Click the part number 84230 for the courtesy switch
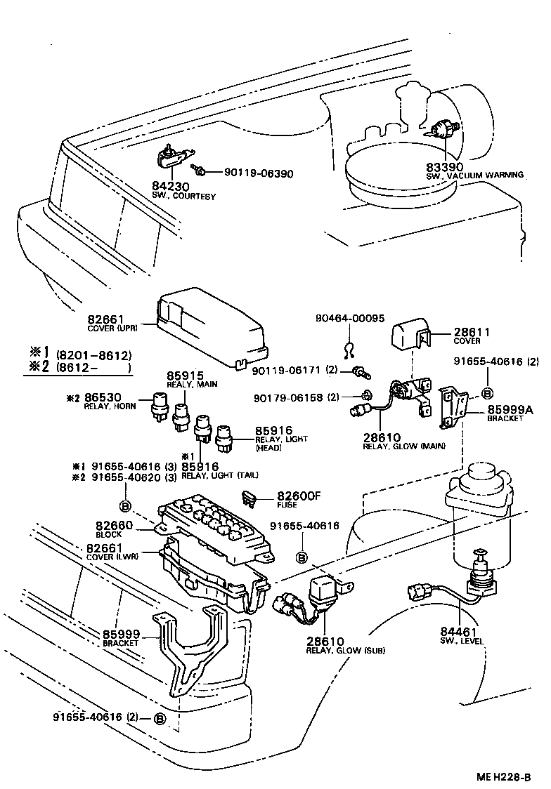[x=167, y=187]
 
